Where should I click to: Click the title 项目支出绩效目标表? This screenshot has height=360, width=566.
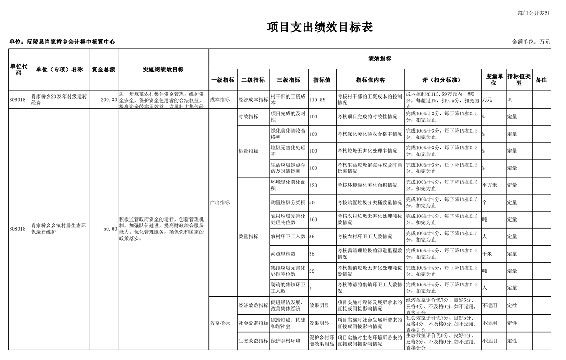[x=320, y=27]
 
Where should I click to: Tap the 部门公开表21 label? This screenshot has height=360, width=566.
[x=534, y=13]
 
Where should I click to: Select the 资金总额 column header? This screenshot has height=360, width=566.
[x=103, y=69]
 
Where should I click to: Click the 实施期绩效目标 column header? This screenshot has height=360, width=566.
[x=163, y=69]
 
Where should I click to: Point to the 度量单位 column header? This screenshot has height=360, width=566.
[x=493, y=80]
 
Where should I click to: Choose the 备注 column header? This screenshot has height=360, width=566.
[x=541, y=80]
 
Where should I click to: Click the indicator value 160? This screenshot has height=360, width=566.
[x=313, y=219]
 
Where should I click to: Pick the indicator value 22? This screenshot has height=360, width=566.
[x=312, y=271]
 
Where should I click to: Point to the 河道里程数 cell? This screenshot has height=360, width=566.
[x=283, y=254]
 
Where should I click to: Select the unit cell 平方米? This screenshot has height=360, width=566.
[x=490, y=185]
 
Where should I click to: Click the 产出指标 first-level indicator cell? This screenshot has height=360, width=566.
[x=220, y=202]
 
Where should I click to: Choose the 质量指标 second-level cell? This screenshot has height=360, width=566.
[x=248, y=151]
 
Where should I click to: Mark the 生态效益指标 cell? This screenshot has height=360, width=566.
[x=253, y=340]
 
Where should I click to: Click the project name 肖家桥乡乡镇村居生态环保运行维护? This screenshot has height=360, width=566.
[x=59, y=229]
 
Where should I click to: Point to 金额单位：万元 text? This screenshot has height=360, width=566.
[x=531, y=42]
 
